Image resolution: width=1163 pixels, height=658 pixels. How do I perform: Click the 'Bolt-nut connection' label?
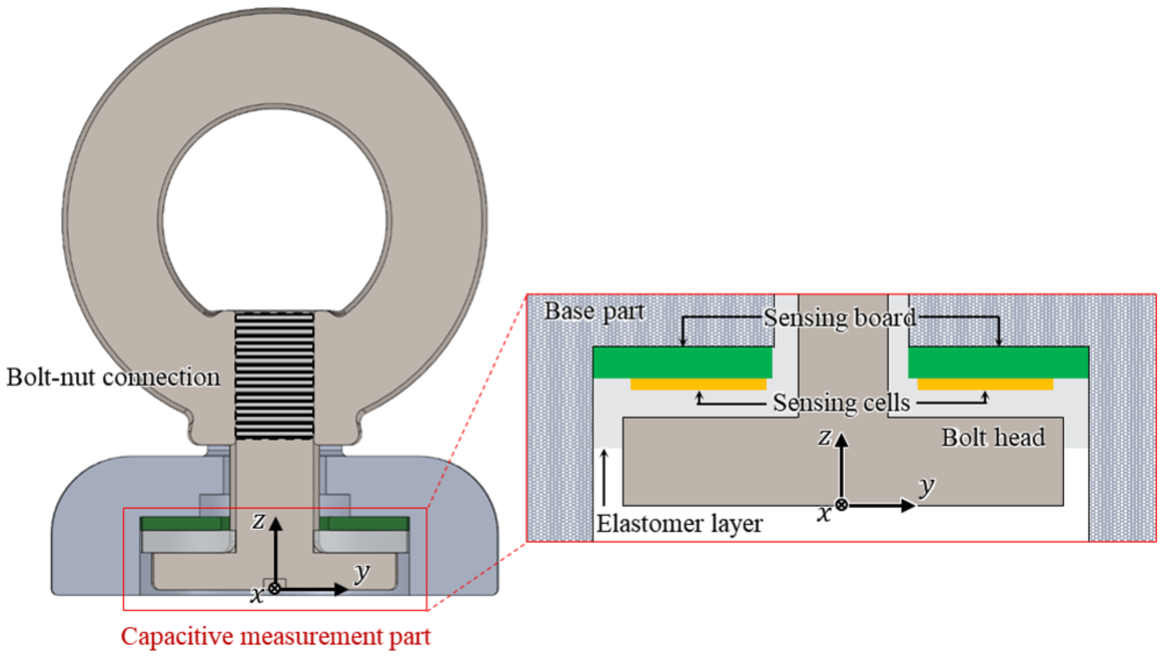coord(113,377)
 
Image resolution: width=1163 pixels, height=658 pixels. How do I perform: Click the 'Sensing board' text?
coord(840,318)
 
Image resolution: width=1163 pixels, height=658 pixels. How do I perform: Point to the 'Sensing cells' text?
coord(841,403)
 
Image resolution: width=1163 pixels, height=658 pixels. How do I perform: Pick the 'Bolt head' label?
coord(993,437)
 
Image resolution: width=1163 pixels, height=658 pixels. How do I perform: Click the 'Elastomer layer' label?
coord(679,524)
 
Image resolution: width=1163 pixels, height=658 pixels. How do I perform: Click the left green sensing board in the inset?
coord(683,362)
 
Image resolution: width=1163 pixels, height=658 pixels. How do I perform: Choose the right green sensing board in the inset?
coord(998,362)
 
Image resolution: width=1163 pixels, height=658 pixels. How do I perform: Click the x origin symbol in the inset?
coord(841,505)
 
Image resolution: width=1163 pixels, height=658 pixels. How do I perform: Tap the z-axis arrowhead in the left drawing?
coord(276,524)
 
